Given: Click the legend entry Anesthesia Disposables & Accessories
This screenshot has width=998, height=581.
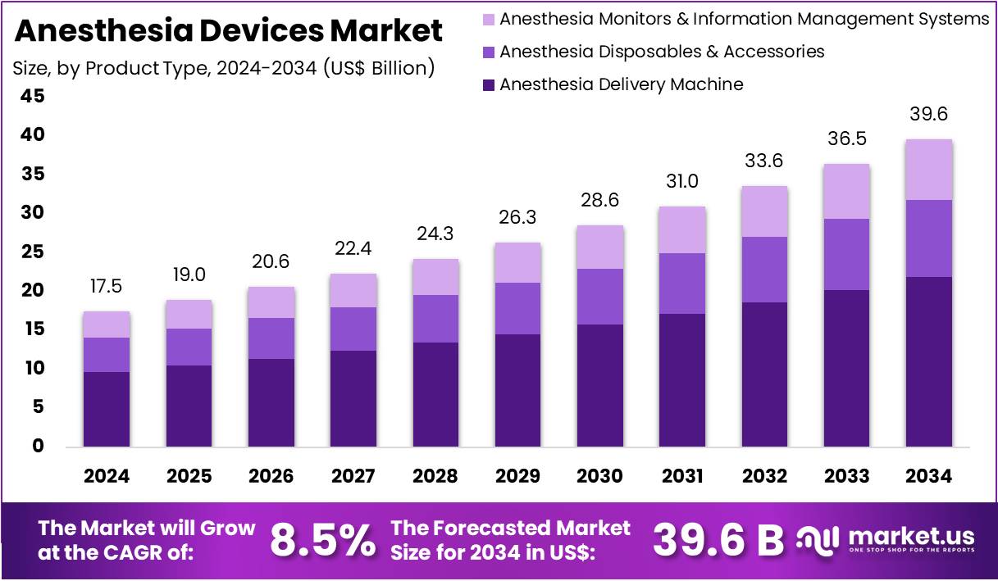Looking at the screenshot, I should (662, 52).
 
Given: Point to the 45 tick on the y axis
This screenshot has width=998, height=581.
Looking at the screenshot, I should (33, 97).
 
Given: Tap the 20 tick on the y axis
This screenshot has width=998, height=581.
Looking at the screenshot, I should (33, 291).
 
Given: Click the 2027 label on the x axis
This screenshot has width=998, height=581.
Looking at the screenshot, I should (353, 476).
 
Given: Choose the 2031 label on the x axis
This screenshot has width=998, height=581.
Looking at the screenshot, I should (682, 476).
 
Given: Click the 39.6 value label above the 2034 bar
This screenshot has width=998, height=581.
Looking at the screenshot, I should (928, 115).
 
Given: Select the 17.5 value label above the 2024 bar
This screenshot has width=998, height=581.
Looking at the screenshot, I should (107, 287).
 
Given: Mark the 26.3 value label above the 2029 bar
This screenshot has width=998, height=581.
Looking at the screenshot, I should (517, 218).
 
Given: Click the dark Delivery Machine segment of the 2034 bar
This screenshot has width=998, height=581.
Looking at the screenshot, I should (928, 361).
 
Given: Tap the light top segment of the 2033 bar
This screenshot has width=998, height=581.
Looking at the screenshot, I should (846, 191).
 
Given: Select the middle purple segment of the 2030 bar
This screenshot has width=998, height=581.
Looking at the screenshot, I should (599, 297).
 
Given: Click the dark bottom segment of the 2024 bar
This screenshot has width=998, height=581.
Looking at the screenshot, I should (107, 409).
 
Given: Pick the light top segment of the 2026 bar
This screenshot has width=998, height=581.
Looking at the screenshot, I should (271, 302).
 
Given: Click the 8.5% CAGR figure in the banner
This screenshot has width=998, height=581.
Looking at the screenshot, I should (322, 540).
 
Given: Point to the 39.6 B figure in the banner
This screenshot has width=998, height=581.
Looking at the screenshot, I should (718, 540).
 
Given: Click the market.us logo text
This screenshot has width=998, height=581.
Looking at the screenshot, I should (911, 537).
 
